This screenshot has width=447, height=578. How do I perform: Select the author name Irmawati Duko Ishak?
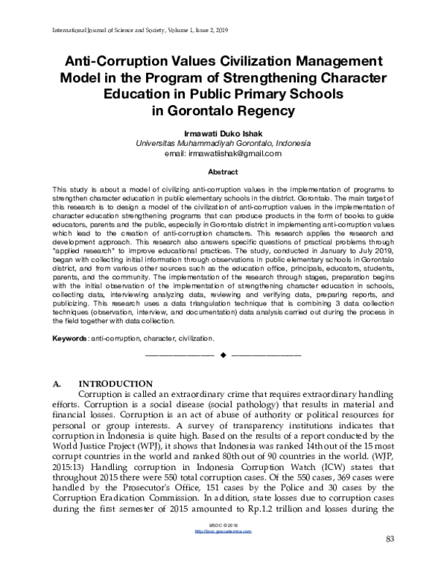tap(223, 133)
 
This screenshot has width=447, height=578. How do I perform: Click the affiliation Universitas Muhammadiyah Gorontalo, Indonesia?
tap(223, 143)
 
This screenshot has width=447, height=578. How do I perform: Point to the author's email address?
tap(223, 153)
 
